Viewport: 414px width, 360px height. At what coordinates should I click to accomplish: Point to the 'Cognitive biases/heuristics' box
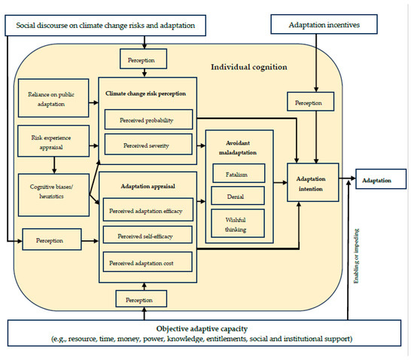pyautogui.click(x=50, y=190)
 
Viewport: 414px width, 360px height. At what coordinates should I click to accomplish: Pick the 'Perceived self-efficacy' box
pyautogui.click(x=148, y=236)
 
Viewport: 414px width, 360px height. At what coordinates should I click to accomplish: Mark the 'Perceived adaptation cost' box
pyautogui.click(x=148, y=263)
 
